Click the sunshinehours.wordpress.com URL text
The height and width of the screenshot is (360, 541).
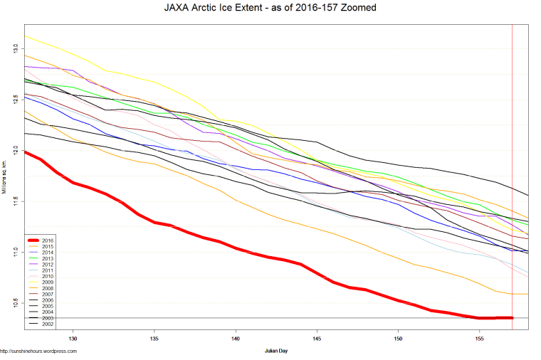[38, 351]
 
